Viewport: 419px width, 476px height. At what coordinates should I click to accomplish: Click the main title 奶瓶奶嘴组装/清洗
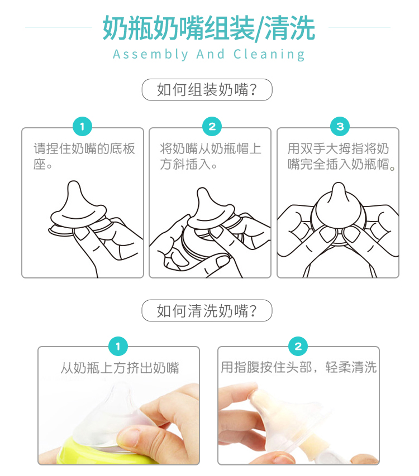pos(209,28)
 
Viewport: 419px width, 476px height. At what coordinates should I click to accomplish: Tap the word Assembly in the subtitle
pos(150,55)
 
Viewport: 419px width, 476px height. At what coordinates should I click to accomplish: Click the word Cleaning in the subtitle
pos(269,55)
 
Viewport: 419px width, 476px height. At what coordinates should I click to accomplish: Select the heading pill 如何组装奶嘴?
pos(207,89)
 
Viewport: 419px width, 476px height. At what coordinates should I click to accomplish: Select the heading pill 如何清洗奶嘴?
pos(207,311)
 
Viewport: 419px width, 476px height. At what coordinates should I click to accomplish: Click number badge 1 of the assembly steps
pos(82,126)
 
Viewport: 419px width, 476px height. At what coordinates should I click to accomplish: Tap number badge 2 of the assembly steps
pos(212,126)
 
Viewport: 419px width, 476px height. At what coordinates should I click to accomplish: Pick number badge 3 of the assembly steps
pos(340,126)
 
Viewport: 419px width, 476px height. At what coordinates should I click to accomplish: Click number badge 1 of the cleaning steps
pos(118,346)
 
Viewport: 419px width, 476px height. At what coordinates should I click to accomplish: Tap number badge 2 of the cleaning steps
pos(298,346)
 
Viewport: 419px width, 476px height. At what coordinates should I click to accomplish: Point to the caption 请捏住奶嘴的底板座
pos(84,156)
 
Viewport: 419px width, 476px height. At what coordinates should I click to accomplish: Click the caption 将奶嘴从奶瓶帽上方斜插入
pos(210,156)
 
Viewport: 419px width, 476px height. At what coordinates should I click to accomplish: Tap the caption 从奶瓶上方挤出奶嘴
pos(120,368)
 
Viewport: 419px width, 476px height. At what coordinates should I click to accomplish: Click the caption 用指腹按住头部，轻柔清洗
pos(299,367)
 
